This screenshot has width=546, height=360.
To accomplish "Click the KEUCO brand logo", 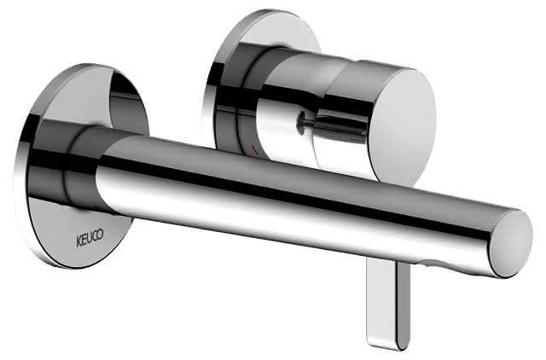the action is tap(90, 238).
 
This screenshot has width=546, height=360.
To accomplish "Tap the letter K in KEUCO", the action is tap(78, 241).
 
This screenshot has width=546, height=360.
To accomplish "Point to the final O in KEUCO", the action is tap(101, 235).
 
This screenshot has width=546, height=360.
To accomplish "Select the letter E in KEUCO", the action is tap(84, 240).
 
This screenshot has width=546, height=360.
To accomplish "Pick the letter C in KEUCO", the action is tap(95, 236).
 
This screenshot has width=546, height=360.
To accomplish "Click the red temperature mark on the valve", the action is tap(254, 150).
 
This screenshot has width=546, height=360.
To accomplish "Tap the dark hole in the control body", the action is tap(299, 123).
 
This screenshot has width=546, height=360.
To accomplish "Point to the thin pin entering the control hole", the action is tap(334, 123).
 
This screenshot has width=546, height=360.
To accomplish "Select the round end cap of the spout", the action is tap(511, 243).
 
